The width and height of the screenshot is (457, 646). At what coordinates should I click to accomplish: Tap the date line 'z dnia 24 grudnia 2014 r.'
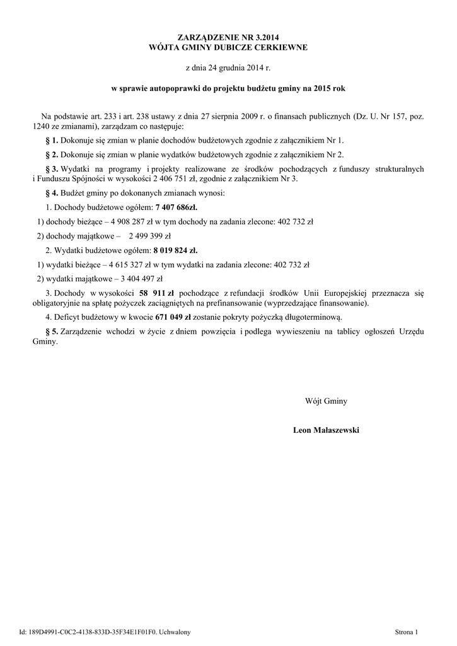point(228,68)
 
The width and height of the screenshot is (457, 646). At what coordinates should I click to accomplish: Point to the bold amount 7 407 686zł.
point(176,207)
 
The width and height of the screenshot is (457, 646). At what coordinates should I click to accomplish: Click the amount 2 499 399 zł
point(149,237)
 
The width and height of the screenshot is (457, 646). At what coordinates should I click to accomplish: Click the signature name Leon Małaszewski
point(326,430)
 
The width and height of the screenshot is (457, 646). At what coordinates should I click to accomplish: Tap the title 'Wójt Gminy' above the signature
point(326,401)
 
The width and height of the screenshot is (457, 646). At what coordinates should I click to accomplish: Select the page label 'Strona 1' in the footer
point(410,631)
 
